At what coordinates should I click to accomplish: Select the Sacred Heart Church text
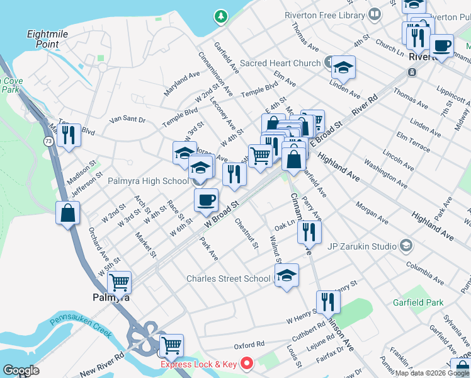(280, 63)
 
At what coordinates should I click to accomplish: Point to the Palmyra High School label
(148, 181)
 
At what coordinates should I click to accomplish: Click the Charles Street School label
(229, 278)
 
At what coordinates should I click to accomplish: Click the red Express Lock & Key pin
(246, 364)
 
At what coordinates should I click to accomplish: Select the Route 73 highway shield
(49, 142)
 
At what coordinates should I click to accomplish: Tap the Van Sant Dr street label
(127, 119)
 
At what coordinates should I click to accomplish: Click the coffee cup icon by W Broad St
(206, 200)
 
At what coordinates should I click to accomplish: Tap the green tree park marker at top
(220, 15)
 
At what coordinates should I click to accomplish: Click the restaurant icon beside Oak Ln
(309, 232)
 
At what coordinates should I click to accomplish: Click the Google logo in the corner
(21, 370)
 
